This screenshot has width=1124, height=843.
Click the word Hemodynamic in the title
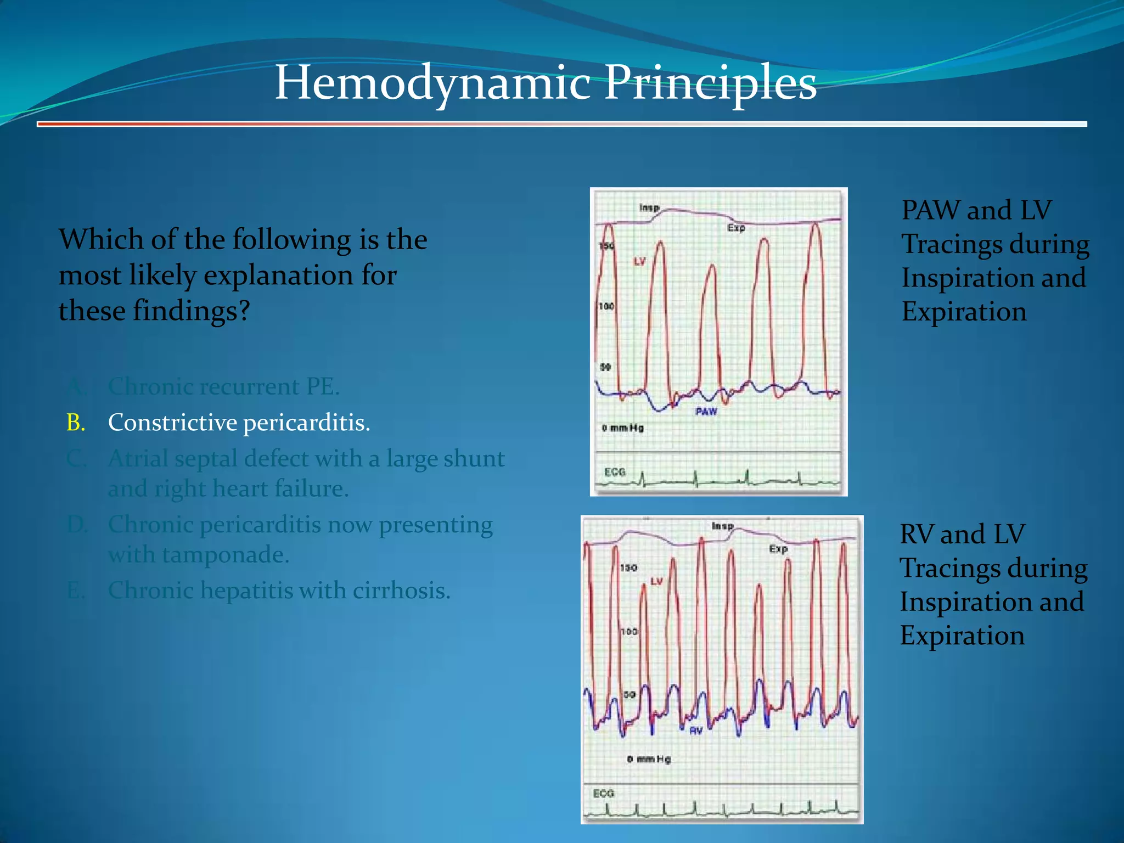(432, 83)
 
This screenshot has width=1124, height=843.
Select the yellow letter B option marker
(75, 423)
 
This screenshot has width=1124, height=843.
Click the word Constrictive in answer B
(172, 423)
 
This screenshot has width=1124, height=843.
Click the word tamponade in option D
(224, 554)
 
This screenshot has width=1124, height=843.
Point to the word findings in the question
(191, 311)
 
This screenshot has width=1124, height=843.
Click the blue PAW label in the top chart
(706, 411)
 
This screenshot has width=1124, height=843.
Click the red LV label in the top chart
(639, 261)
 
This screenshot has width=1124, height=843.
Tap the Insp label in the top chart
(649, 207)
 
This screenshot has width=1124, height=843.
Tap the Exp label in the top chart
(736, 227)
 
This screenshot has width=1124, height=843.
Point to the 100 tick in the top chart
(606, 306)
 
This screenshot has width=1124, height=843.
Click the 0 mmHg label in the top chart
(622, 428)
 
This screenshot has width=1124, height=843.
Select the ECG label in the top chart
(615, 471)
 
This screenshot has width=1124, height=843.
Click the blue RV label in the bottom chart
(696, 730)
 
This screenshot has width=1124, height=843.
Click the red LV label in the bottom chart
(656, 581)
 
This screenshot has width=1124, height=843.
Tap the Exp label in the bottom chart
(778, 548)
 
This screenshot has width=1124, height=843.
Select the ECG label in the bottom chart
(604, 793)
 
